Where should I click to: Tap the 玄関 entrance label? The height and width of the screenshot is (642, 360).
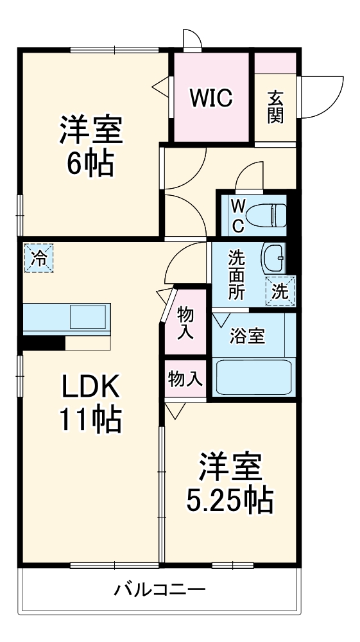click(x=276, y=108)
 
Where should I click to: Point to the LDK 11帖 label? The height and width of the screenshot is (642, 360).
click(x=90, y=403)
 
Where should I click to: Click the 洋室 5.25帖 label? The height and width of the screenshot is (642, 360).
click(x=230, y=483)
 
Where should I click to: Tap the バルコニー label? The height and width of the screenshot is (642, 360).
click(x=160, y=589)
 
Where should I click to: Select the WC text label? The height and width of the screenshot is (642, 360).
click(x=237, y=215)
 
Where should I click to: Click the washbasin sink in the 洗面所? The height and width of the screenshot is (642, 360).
click(x=275, y=258)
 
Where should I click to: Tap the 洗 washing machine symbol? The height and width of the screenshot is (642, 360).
click(x=281, y=290)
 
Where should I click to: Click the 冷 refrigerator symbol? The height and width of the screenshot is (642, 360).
click(x=39, y=259)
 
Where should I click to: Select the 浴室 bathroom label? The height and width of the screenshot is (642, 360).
click(x=247, y=336)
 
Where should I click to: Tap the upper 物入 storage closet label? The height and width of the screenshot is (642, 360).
click(x=186, y=322)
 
